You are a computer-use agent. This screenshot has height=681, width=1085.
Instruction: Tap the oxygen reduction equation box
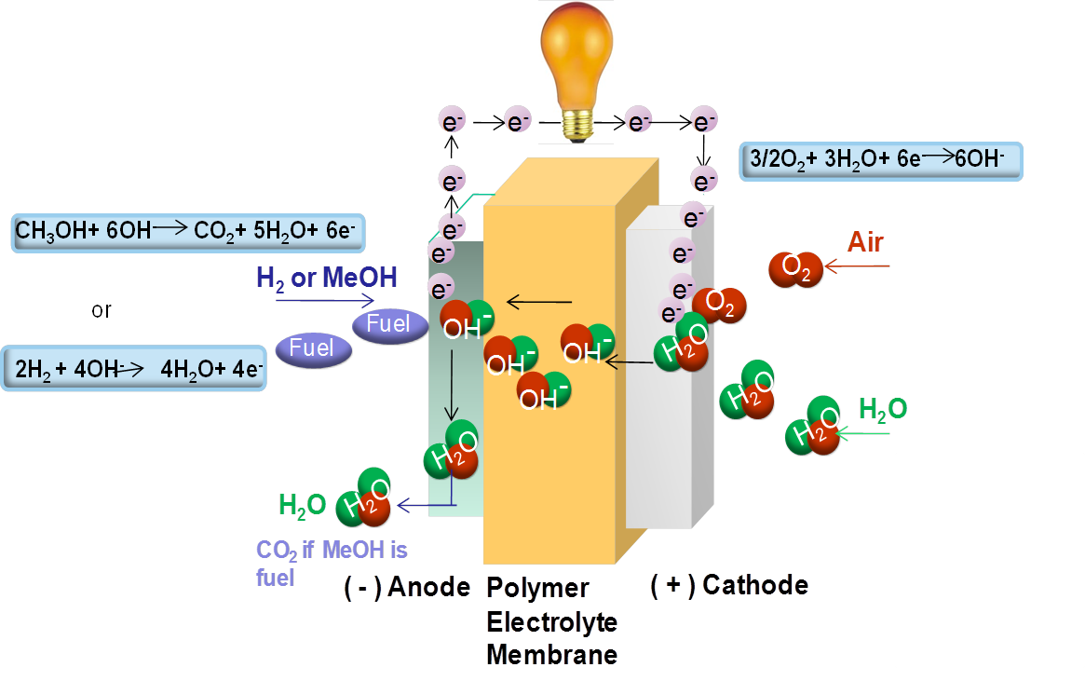pos(881,161)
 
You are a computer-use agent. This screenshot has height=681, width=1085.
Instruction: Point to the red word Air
pos(865,242)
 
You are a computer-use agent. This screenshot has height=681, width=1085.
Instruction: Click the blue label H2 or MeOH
pos(327,277)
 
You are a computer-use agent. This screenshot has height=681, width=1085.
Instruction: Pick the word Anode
pos(428,587)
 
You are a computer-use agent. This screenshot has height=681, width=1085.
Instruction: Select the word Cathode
pos(755,585)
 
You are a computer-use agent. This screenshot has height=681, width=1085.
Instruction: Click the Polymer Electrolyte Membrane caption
pos(551,621)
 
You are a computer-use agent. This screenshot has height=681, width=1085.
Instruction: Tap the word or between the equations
pos(102,310)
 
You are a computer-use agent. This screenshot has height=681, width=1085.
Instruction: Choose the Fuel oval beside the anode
pos(389,325)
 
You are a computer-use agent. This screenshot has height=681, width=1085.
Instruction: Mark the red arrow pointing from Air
pos(858,267)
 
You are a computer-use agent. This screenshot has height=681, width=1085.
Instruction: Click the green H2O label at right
pos(883,409)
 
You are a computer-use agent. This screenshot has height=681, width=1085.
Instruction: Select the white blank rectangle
pos(989,559)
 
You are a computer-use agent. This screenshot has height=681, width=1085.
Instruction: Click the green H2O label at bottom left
pos(303,505)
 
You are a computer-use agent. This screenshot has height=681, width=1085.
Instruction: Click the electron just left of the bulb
pos(518,121)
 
